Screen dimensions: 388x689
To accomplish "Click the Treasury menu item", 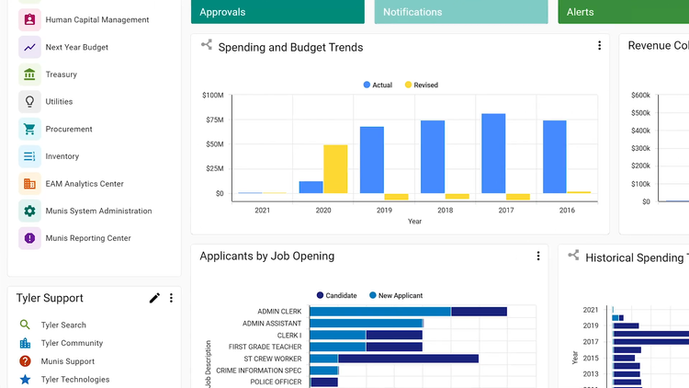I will (x=61, y=74).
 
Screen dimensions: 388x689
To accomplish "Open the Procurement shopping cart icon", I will (x=29, y=130).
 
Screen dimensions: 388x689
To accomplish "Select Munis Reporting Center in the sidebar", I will (x=87, y=238).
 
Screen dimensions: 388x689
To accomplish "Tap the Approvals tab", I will (x=277, y=12).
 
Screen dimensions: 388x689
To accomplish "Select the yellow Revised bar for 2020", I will (x=335, y=169).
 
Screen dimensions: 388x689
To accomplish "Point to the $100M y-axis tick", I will (x=212, y=95).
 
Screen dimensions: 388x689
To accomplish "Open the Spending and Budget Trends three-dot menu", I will (x=600, y=46).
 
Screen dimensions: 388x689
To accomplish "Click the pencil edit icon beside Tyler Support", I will (x=154, y=298).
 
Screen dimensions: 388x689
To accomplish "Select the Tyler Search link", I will (x=63, y=325).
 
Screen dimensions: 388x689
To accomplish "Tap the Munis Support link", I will (x=67, y=361).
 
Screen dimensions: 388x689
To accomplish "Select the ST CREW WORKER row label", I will (x=272, y=359).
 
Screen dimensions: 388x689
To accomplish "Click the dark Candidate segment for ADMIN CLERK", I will (x=479, y=312).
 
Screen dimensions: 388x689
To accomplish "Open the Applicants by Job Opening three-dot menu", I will (x=538, y=256).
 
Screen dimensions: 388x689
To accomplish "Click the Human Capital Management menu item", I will (x=96, y=19).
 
